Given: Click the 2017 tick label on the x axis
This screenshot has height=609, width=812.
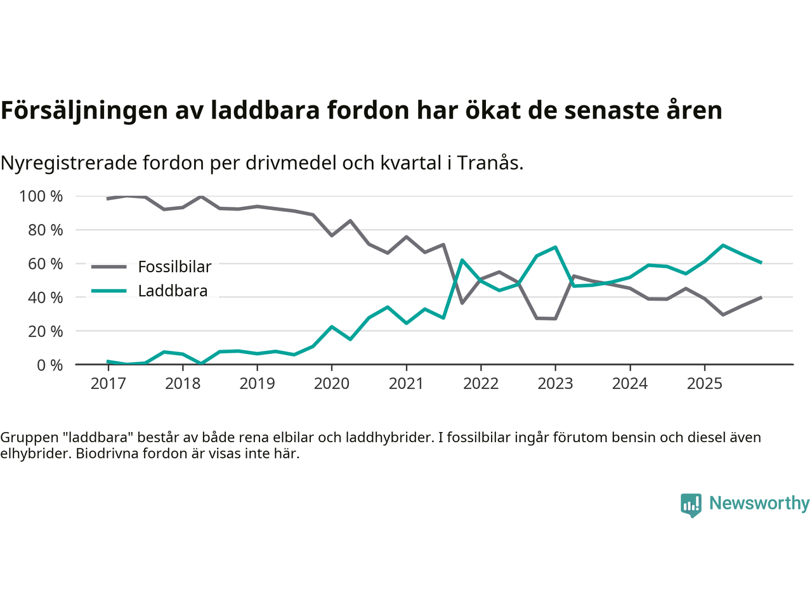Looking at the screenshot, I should click(108, 384).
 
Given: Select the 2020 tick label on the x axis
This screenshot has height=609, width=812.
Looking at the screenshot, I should click(332, 384).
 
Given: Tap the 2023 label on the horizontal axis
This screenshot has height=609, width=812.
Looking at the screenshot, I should click(555, 384).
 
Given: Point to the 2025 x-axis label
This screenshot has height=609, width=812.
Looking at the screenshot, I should click(704, 384).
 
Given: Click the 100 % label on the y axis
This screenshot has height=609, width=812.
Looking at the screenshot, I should click(41, 197).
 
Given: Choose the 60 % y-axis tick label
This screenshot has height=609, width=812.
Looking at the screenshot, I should click(45, 264).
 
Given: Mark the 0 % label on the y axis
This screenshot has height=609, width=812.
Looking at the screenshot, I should click(49, 365).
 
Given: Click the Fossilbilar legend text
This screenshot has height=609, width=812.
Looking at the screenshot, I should click(174, 267).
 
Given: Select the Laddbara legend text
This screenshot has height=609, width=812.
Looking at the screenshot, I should click(173, 291).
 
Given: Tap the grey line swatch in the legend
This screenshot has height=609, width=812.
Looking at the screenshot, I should click(108, 267).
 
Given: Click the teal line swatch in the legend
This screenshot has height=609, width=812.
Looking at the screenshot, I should click(108, 291).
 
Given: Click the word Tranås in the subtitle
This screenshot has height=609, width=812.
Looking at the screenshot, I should click(490, 163).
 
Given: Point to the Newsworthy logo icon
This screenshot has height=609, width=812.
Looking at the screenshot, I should click(691, 505).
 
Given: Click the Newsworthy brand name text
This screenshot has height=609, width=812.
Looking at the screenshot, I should click(759, 503).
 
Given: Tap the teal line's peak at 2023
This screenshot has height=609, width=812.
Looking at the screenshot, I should click(555, 247).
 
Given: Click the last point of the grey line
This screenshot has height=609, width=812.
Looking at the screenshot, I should click(761, 298).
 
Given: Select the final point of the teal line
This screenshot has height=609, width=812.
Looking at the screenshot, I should click(761, 262).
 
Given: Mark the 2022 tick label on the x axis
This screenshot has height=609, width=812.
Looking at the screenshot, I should click(481, 384).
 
